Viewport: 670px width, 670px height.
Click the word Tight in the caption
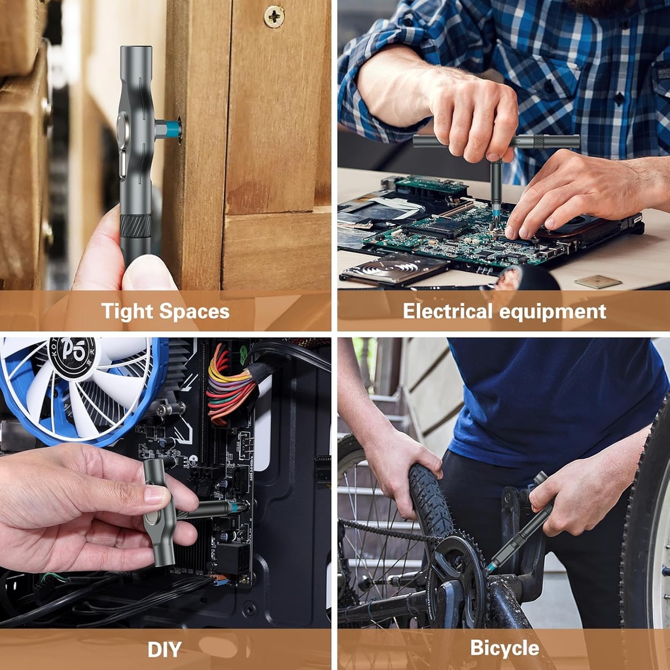coord(126,311)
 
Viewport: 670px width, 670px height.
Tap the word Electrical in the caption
coord(448,311)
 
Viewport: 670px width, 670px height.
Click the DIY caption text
coord(164,649)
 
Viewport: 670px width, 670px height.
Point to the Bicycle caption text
coord(504,648)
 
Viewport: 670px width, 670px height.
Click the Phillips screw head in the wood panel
coord(274,16)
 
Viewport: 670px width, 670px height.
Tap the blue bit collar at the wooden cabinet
coord(173,130)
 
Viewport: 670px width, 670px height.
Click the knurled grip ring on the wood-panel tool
coord(135,226)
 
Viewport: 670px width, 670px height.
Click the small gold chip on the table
coord(597,281)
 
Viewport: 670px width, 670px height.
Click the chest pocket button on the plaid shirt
coord(619,99)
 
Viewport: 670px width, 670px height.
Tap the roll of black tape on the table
coord(527,279)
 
